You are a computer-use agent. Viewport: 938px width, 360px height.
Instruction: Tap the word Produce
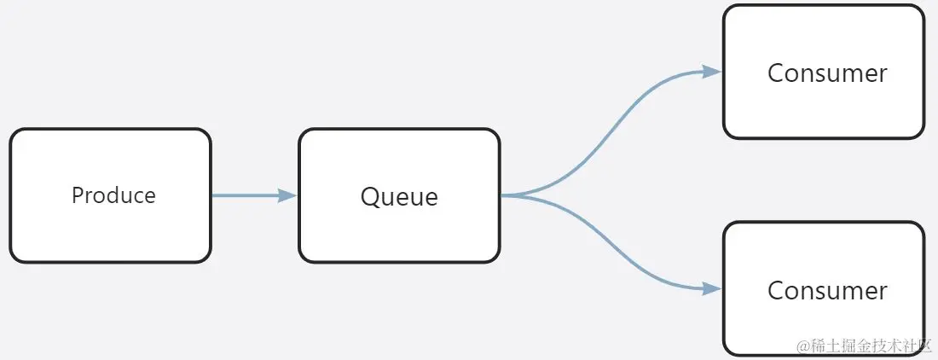coord(113,195)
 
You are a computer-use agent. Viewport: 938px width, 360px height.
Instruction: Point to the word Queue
coord(399,197)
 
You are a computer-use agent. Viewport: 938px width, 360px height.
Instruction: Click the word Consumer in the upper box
coord(827,73)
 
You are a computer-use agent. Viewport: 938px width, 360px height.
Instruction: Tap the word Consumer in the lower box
coord(827,291)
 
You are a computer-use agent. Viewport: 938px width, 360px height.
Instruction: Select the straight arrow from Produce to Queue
coord(247,195)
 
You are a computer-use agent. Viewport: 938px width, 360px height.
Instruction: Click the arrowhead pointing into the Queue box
coord(287,195)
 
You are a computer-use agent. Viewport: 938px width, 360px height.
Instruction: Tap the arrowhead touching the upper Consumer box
coord(712,72)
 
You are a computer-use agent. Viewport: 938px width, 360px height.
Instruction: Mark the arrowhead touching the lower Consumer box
coord(712,289)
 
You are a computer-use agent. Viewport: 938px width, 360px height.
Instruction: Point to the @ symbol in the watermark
coord(802,346)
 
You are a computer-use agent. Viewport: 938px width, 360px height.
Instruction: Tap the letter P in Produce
coord(77,195)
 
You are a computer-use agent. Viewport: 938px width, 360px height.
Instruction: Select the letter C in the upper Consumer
coord(776,73)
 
